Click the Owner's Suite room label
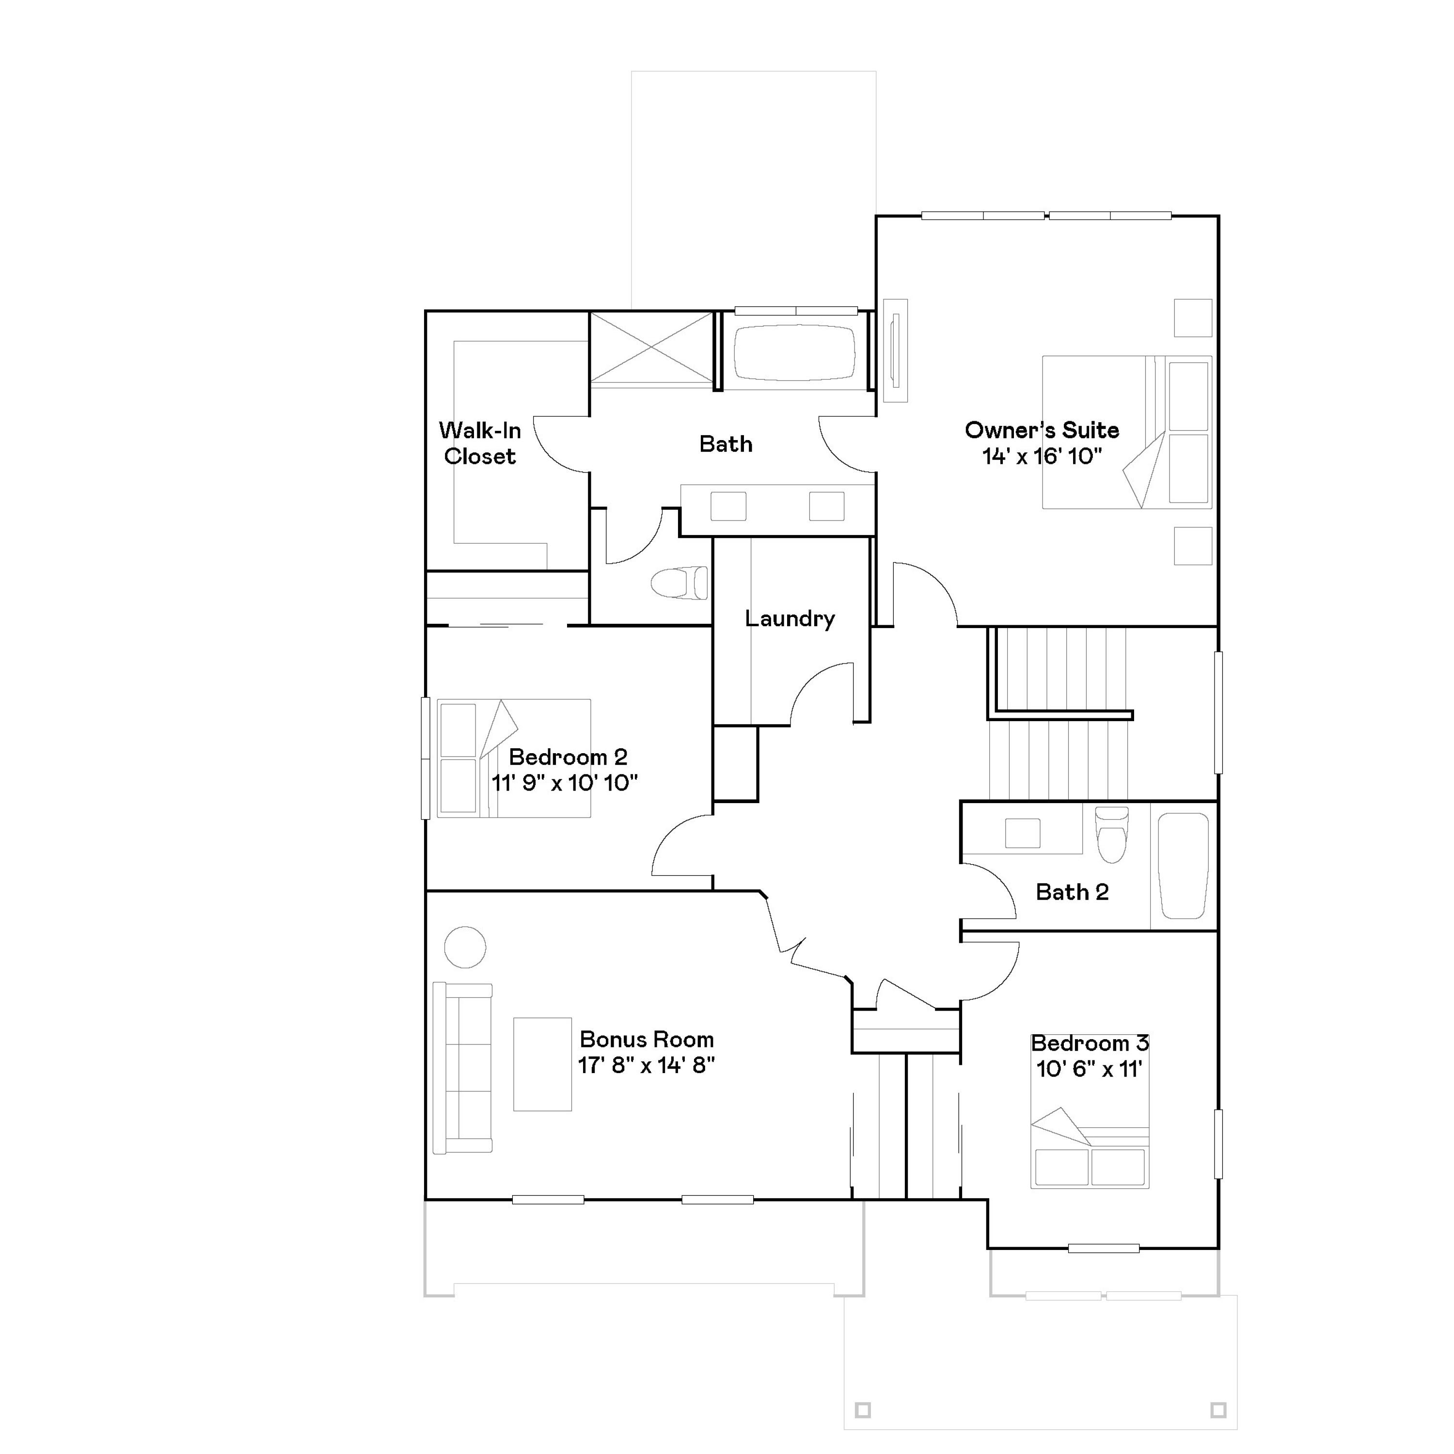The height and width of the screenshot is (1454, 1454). (x=1042, y=430)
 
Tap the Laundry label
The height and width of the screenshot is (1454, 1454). (x=790, y=618)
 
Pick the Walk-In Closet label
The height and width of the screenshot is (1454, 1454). (x=479, y=443)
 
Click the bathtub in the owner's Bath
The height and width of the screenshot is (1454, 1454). (x=795, y=352)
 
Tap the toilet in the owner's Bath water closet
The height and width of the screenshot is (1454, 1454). (x=680, y=583)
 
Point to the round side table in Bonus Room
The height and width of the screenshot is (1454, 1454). (x=465, y=947)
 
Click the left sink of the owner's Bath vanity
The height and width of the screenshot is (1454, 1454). (x=728, y=506)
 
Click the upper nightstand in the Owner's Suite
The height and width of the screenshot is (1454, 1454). (x=1193, y=317)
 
